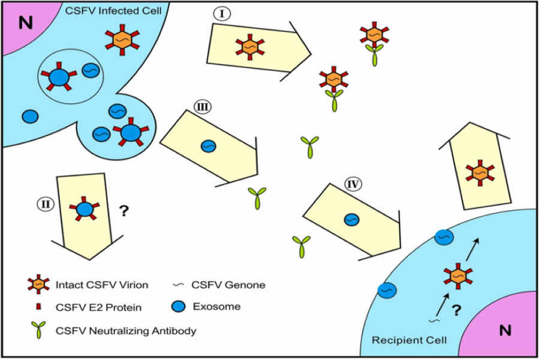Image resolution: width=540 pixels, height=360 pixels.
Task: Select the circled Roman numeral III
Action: (x=202, y=107)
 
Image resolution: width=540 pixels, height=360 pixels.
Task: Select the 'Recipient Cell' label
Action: (x=410, y=340)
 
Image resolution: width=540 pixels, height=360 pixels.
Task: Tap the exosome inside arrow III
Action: (x=208, y=146)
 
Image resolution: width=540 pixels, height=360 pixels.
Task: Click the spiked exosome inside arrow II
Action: (x=85, y=209)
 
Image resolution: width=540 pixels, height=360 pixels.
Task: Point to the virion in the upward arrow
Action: (x=479, y=173)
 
